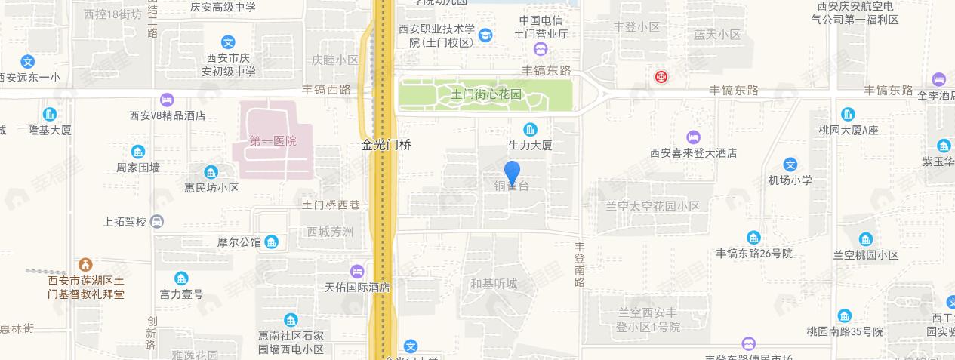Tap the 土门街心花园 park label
[x=486, y=95]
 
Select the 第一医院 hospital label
[x=273, y=141]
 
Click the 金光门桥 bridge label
[x=386, y=144]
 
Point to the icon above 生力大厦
[x=531, y=129]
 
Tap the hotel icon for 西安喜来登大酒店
[x=693, y=137]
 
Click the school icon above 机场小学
[x=790, y=165]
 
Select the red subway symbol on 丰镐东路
[x=661, y=76]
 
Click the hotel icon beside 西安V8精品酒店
[x=167, y=100]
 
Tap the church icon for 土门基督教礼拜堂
[x=85, y=265]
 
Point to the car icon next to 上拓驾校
[x=156, y=222]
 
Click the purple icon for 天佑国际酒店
[x=356, y=271]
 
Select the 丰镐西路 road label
[x=327, y=89]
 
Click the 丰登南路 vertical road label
[x=580, y=264]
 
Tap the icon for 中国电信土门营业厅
[x=541, y=49]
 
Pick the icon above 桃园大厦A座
[x=848, y=114]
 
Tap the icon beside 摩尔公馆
[x=272, y=242]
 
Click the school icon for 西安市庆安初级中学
[x=228, y=42]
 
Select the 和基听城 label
[x=494, y=284]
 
